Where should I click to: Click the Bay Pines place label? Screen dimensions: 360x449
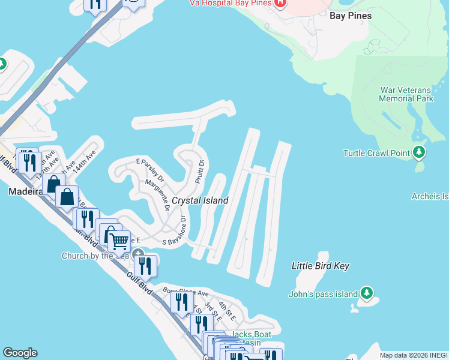(351, 16)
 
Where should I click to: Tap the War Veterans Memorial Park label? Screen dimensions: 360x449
(406, 94)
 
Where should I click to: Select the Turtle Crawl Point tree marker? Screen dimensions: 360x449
(420, 152)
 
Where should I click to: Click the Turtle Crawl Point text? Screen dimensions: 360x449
(376, 153)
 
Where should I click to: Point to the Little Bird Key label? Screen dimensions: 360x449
(320, 266)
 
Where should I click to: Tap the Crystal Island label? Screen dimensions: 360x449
(200, 200)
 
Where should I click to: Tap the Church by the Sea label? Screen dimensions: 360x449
(95, 256)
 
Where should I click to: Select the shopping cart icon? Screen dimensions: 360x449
(120, 241)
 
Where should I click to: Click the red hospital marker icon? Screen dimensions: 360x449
(280, 3)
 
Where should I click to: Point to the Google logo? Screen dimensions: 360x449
(20, 353)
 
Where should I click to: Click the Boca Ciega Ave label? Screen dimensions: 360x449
(185, 292)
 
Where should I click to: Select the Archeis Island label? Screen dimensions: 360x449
(430, 196)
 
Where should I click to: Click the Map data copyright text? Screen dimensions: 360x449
(414, 355)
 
